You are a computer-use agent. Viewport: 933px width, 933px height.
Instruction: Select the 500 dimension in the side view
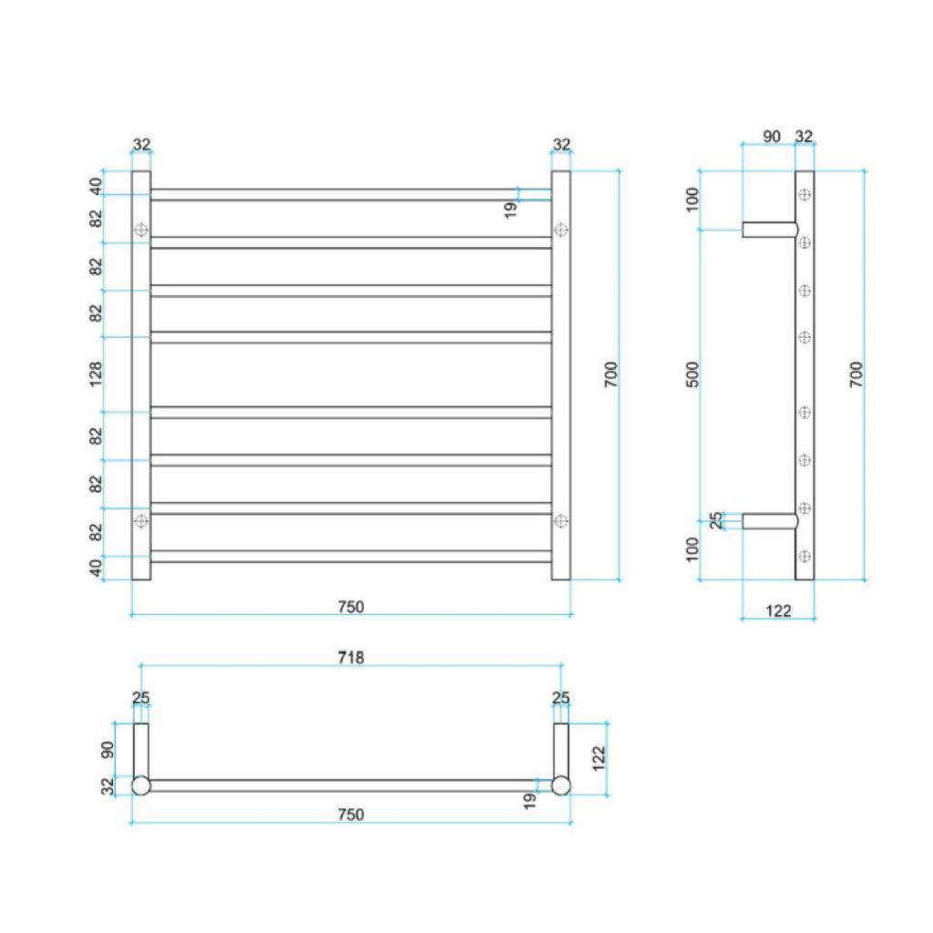click(692, 374)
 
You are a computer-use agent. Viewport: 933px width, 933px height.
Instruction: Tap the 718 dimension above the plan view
click(351, 657)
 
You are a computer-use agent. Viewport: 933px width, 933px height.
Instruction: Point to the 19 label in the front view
click(510, 208)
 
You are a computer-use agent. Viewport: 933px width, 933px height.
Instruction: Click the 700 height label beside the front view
click(610, 374)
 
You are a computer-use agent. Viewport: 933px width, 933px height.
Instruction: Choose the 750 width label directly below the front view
click(351, 607)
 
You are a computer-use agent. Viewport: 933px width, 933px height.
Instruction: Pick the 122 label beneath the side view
click(778, 610)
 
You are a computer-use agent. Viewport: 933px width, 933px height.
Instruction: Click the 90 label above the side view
click(771, 137)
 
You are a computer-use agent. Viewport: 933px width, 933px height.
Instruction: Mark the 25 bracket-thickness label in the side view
click(716, 520)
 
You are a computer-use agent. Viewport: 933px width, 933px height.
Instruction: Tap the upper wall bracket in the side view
click(770, 230)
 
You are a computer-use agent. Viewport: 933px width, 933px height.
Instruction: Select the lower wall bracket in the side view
click(770, 521)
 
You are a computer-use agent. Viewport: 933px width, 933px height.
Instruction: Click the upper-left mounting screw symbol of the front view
click(141, 231)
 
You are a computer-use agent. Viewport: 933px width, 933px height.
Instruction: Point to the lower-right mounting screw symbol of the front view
click(561, 521)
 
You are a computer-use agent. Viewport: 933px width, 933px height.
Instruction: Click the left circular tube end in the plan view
click(141, 785)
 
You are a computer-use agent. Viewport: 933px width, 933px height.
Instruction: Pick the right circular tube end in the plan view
click(561, 785)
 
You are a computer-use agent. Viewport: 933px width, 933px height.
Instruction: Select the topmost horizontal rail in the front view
click(351, 195)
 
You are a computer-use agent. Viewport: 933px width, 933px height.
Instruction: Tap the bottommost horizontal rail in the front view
click(351, 556)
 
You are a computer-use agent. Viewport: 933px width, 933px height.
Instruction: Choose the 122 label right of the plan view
click(599, 756)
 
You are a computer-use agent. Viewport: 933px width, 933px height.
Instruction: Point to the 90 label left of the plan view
click(108, 749)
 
